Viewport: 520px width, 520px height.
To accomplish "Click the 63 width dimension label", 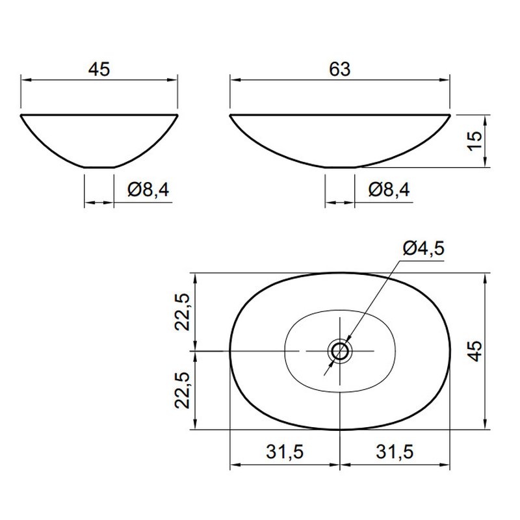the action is pos(339,70).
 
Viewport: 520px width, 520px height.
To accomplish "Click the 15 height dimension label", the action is pos(474,140).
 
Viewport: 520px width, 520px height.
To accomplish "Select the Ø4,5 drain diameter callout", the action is pos(424,248).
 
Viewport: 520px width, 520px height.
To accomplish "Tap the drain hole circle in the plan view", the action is pos(339,350).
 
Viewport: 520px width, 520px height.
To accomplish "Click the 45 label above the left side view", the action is pos(99,70).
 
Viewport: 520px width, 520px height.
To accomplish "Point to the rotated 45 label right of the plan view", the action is pos(475,350).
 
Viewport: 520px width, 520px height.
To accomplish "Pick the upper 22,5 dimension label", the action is pos(182,312).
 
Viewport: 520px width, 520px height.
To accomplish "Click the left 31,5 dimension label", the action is pos(285,452).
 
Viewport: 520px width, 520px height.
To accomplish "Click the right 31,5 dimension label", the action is pos(395,452).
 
